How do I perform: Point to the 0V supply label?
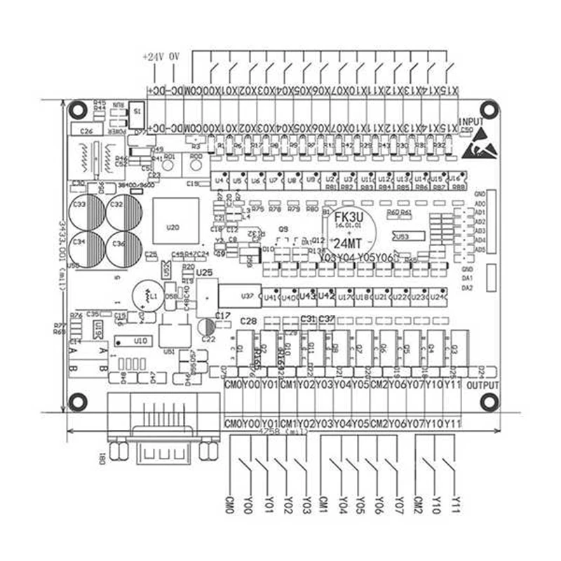pos(175,56)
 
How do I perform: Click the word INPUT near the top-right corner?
pos(471,121)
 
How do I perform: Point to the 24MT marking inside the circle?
pos(349,243)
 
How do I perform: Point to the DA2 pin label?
pos(468,288)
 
